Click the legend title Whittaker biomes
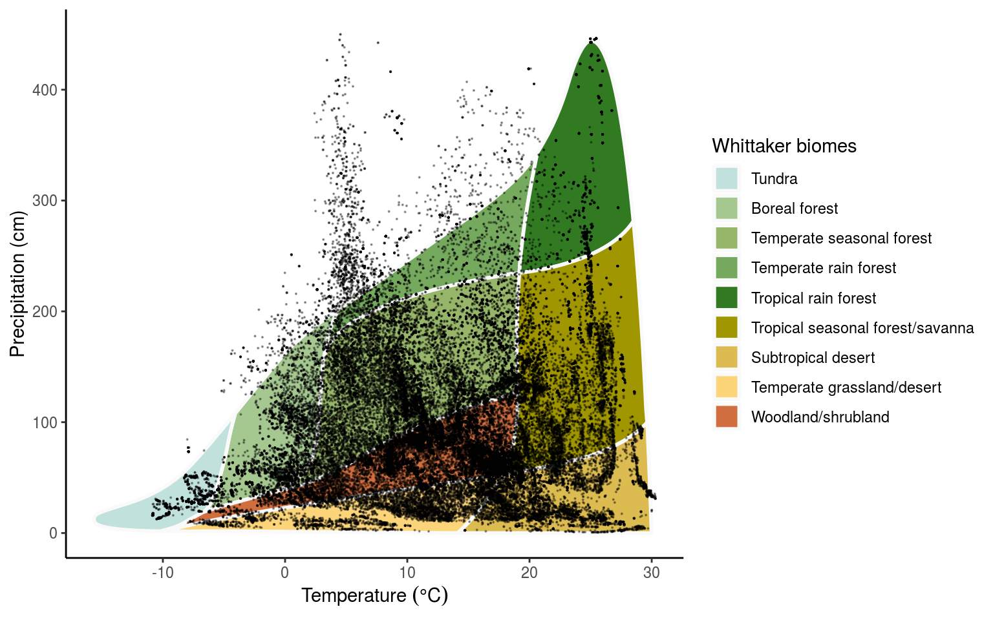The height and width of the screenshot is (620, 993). (x=784, y=146)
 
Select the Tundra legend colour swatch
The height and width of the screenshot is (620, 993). (x=727, y=178)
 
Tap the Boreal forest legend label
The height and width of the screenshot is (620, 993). (x=794, y=209)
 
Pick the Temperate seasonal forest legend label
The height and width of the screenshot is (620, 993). (x=841, y=238)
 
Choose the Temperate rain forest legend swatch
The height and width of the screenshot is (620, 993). (x=727, y=268)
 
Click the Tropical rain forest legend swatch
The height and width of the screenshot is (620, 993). (x=727, y=298)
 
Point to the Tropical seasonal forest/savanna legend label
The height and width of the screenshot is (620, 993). (x=862, y=328)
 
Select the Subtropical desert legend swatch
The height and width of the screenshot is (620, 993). (x=727, y=357)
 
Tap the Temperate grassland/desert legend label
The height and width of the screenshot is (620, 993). (x=846, y=387)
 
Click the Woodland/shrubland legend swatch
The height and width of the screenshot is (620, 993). (x=727, y=417)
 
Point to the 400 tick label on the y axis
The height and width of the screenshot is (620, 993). (x=45, y=90)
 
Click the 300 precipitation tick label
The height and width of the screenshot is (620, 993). (x=45, y=201)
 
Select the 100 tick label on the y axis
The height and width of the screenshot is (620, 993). (x=45, y=422)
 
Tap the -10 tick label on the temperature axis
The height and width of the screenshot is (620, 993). (x=162, y=573)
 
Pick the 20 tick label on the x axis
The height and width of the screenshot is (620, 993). (x=529, y=573)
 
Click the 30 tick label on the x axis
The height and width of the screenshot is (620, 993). (x=652, y=573)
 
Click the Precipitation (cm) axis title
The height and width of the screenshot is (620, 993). (x=17, y=284)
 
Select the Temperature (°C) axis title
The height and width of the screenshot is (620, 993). (x=374, y=595)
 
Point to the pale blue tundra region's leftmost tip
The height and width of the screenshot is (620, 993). (x=97, y=519)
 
